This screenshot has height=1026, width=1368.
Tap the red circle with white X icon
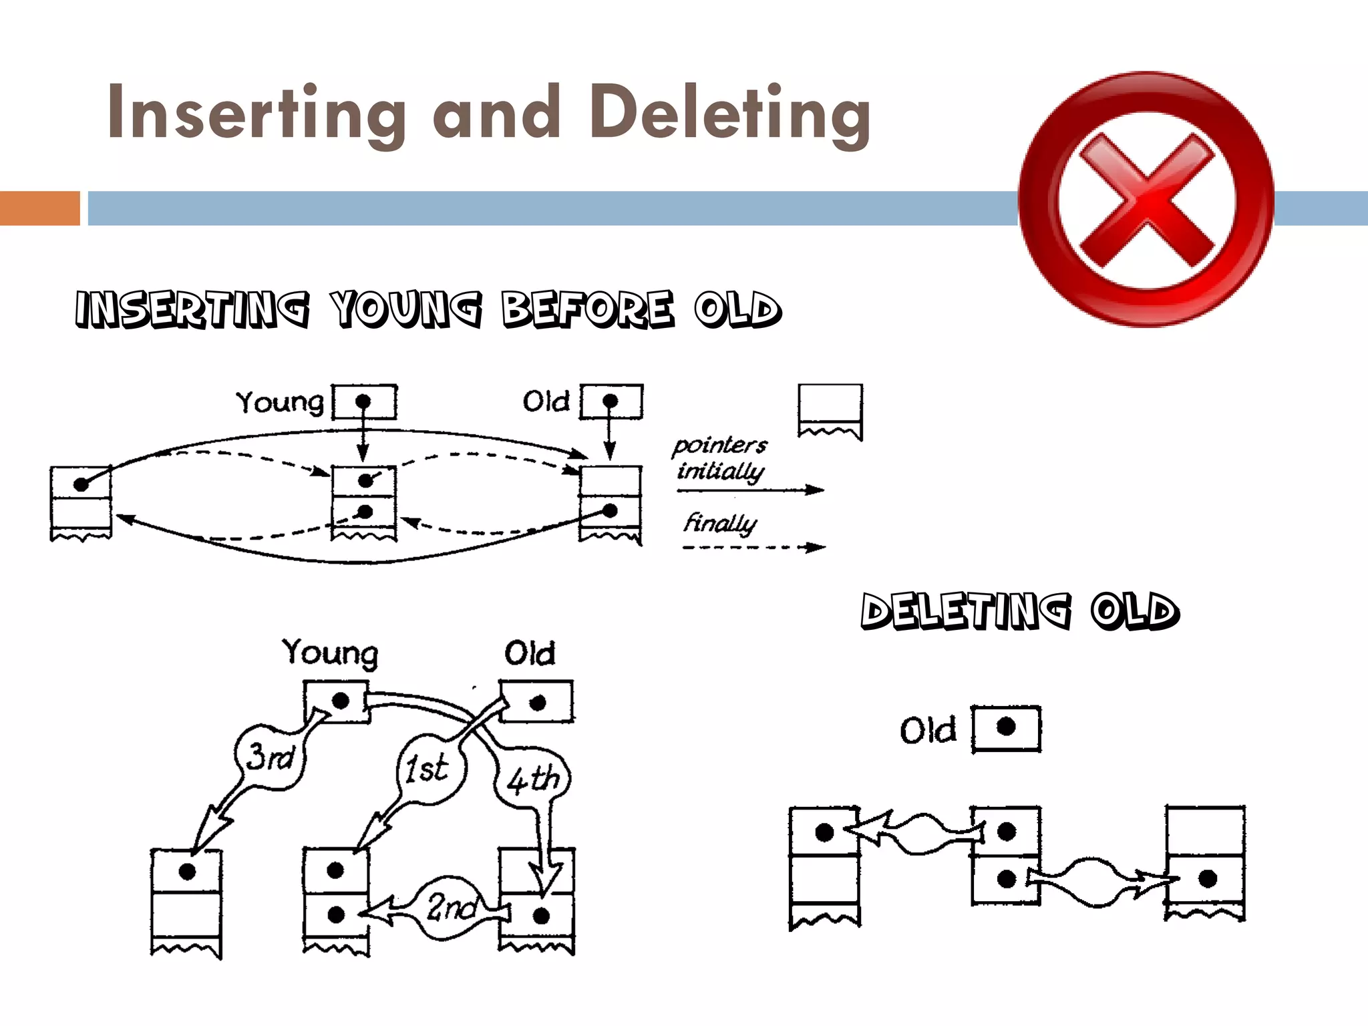[1146, 199]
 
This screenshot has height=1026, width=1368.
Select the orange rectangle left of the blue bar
[39, 208]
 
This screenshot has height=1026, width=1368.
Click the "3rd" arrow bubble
[270, 757]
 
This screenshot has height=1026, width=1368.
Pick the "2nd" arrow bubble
[452, 907]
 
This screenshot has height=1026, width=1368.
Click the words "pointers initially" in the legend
[720, 458]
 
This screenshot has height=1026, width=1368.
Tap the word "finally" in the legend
[720, 522]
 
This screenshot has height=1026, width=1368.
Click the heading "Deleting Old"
[1019, 612]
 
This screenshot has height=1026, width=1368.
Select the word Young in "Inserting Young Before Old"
[407, 309]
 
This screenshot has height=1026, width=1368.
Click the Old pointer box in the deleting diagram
[1005, 729]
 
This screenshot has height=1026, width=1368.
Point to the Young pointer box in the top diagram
[365, 401]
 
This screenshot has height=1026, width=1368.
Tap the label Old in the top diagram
[546, 401]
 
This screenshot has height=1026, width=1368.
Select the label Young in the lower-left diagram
[330, 653]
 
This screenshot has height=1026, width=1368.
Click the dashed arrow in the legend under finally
[753, 548]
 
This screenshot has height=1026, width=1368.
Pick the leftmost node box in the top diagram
[81, 501]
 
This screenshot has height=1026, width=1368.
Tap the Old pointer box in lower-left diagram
[536, 701]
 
